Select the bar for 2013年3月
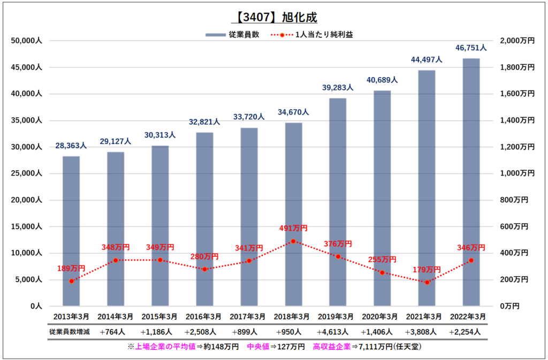[71, 231]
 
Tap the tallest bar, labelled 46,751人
[471, 182]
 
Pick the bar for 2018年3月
[294, 215]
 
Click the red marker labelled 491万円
[293, 241]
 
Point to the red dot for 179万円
[427, 282]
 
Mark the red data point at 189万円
[71, 281]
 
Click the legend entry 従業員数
[233, 35]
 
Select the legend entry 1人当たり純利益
[312, 35]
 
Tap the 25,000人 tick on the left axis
[27, 173]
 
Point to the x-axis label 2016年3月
[203, 317]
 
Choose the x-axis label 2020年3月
[379, 317]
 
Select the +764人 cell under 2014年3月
[112, 332]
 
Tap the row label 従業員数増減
[70, 332]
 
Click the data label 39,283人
[338, 87]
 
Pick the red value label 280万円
[204, 257]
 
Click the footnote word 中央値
[258, 347]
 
